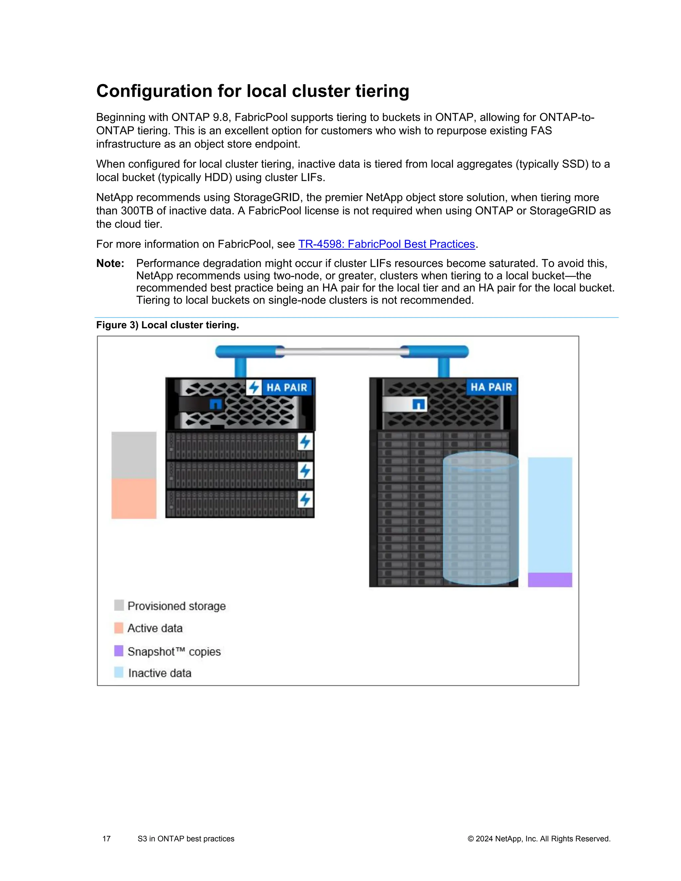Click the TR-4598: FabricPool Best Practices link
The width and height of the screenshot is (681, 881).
click(386, 244)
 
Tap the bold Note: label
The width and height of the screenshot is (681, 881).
click(110, 263)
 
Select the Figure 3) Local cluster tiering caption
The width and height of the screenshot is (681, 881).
click(168, 325)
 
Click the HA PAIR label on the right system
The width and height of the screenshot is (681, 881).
click(491, 387)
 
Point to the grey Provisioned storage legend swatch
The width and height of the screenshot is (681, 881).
click(119, 605)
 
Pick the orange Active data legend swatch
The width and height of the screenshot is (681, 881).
click(119, 628)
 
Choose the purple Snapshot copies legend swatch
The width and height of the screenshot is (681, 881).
click(119, 650)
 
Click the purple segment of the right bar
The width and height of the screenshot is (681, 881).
click(550, 580)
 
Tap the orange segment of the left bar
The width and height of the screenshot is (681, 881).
click(134, 499)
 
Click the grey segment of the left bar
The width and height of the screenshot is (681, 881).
click(134, 455)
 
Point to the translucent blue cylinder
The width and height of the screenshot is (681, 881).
click(480, 520)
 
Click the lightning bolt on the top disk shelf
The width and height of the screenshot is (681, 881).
click(305, 442)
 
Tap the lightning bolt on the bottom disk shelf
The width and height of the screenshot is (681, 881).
click(305, 500)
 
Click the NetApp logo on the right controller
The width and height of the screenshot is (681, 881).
click(418, 404)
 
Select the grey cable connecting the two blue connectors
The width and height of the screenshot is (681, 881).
click(342, 352)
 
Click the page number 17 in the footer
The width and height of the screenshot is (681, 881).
click(106, 839)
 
